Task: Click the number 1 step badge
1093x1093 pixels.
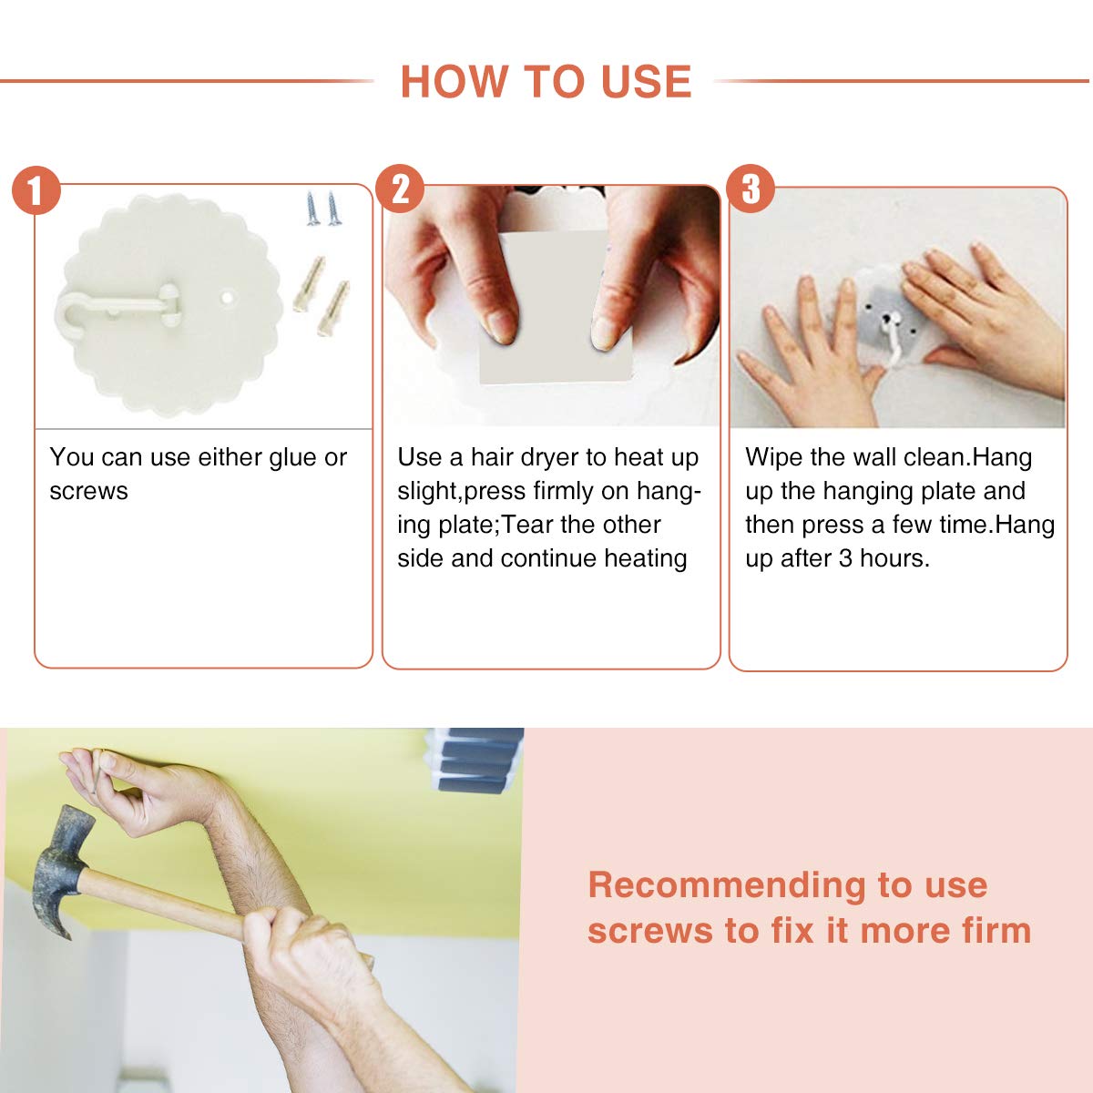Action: point(36,190)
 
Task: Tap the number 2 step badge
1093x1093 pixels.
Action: point(400,189)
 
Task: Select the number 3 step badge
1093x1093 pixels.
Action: point(751,189)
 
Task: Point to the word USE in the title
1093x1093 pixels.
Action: point(646,82)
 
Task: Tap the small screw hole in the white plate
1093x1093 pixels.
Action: point(227,297)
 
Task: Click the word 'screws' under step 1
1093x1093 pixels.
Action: point(88,492)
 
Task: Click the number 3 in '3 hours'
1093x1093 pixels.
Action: point(845,558)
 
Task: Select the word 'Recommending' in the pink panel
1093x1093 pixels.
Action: point(727,885)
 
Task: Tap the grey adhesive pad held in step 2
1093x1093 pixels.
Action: point(555,306)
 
